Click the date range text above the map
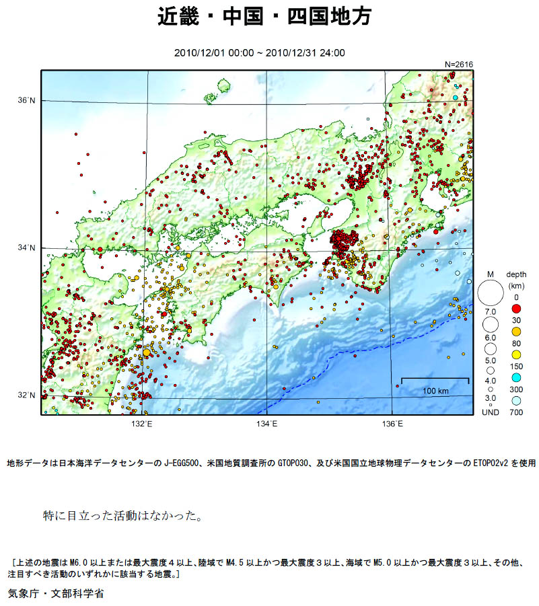click(x=259, y=52)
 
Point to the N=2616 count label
click(x=459, y=64)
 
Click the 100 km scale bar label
click(x=435, y=391)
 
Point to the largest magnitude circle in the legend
click(x=491, y=293)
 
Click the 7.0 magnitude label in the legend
click(x=491, y=312)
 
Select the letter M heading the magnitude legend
click(x=491, y=274)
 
